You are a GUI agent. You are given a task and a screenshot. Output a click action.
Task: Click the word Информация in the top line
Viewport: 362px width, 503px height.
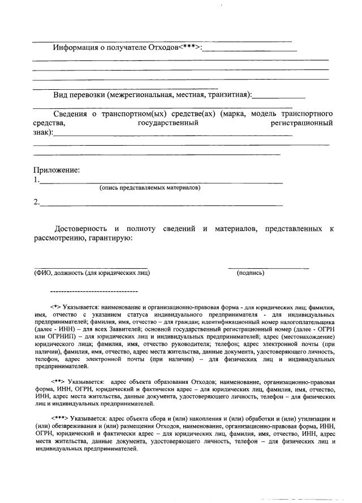[76, 47]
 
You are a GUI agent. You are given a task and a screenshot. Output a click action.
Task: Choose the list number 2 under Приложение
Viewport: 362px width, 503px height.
[36, 202]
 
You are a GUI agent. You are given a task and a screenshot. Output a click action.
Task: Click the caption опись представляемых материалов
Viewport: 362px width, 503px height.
[149, 187]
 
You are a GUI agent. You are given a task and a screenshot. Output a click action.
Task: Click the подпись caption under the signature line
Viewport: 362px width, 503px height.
[250, 273]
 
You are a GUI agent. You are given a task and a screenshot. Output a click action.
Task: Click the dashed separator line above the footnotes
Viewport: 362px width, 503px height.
[94, 291]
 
